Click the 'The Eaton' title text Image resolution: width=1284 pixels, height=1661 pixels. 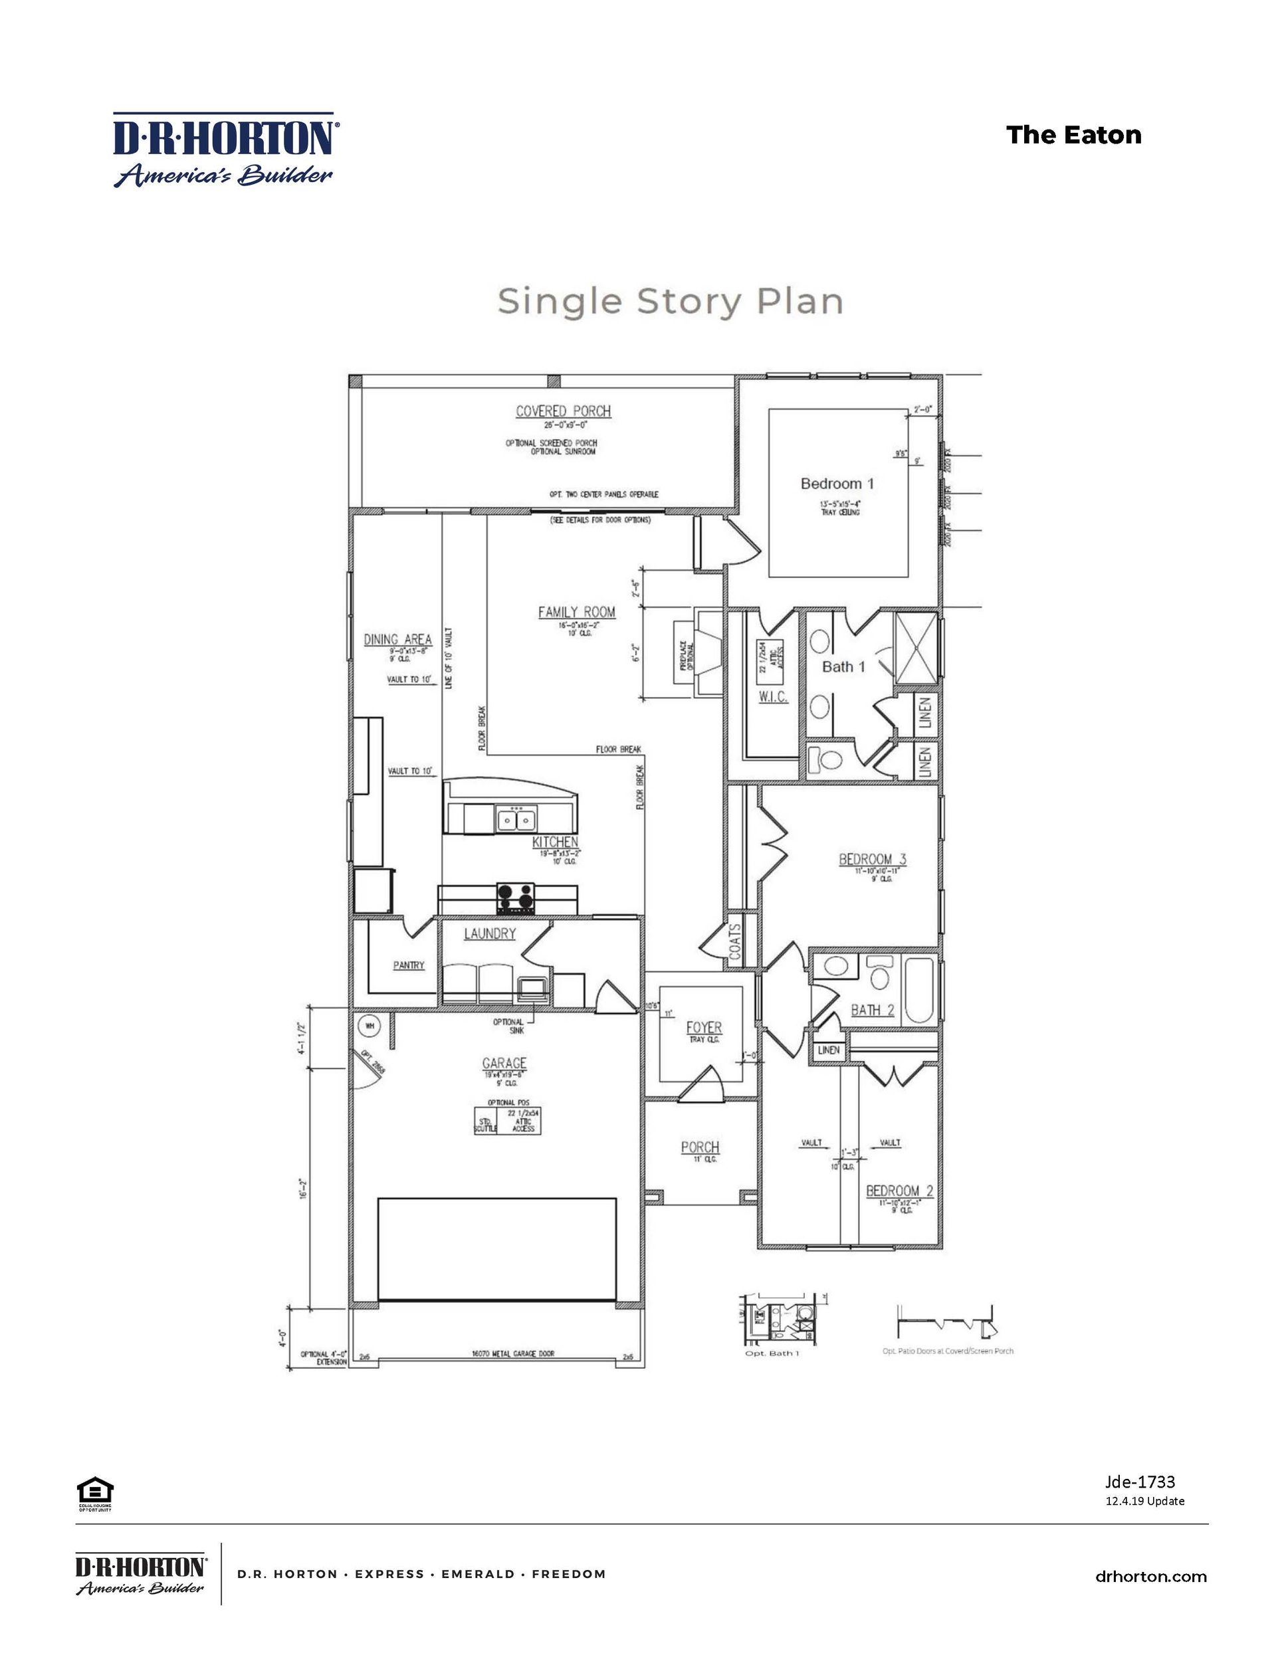1073,136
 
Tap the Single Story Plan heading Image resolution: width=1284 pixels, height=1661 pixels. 670,301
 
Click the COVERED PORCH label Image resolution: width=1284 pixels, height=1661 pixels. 563,411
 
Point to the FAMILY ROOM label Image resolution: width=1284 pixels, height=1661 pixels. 577,611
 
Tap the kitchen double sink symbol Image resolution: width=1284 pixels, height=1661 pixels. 516,821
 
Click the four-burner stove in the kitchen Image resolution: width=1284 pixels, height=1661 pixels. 516,899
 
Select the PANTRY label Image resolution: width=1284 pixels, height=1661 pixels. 409,965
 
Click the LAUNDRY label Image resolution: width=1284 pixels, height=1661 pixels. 490,934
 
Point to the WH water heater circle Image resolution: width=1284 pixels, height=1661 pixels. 370,1026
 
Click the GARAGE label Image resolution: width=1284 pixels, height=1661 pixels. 504,1063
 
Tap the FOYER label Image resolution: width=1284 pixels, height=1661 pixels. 704,1027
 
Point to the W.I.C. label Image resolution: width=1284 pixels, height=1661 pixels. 773,697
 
